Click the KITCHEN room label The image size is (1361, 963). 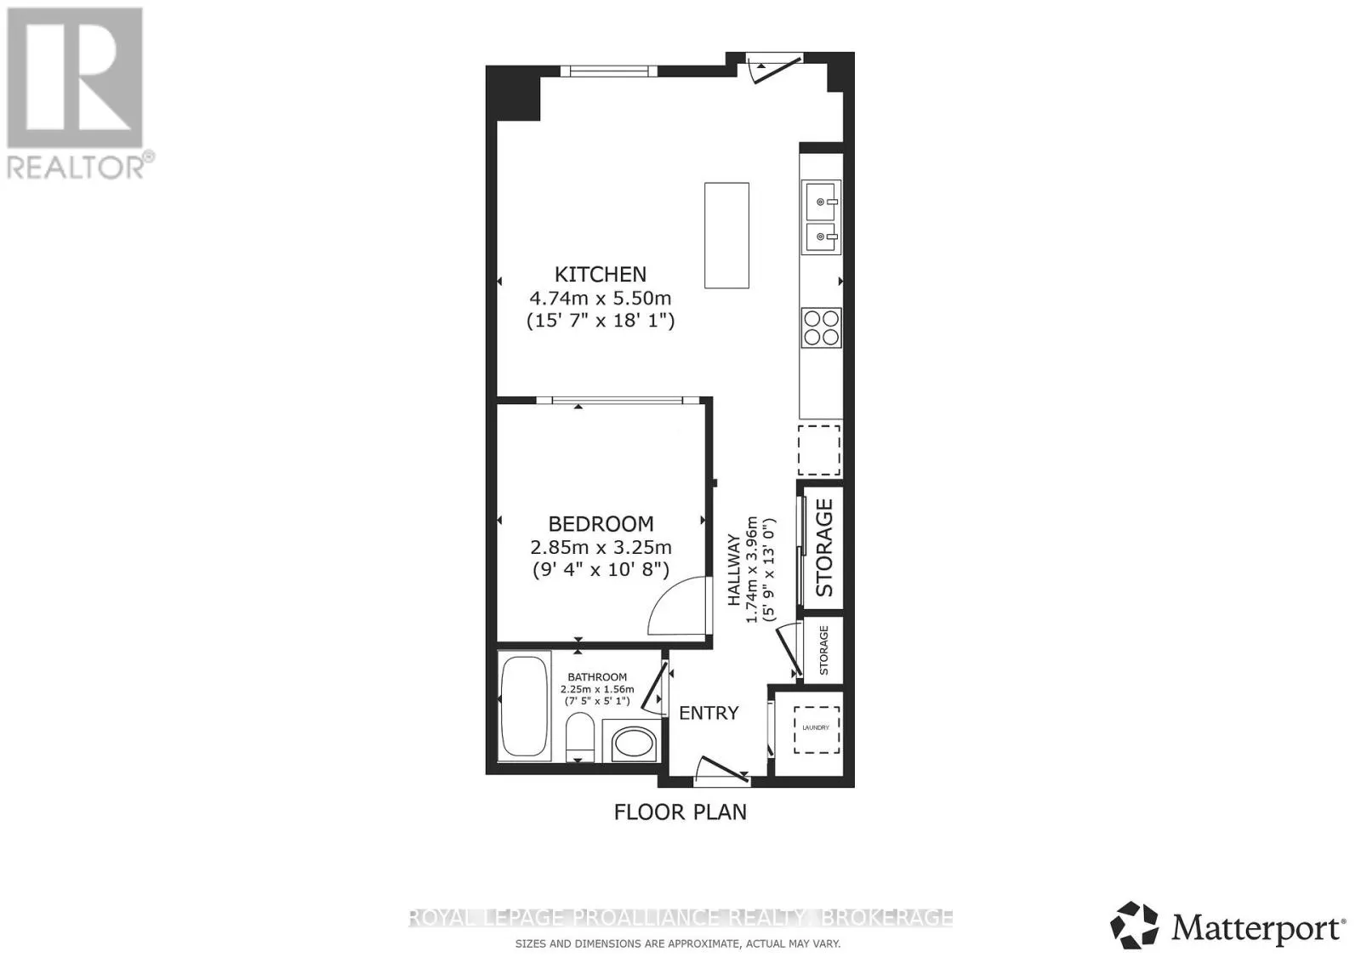(601, 275)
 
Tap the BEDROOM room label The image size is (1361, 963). (601, 524)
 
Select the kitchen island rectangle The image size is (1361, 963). (726, 235)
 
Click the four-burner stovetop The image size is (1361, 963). (822, 328)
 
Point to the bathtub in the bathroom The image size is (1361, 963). (524, 706)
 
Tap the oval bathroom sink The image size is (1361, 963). (634, 744)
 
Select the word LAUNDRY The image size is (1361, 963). (816, 728)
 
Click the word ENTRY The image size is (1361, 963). (709, 713)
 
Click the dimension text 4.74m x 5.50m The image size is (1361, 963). (601, 299)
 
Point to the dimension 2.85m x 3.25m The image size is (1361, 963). (601, 547)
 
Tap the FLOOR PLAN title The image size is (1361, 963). (680, 812)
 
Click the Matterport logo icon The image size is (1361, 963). (1134, 926)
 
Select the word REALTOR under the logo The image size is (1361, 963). (76, 167)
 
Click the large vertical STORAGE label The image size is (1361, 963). (824, 547)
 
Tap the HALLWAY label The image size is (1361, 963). (734, 570)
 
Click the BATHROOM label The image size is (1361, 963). (597, 677)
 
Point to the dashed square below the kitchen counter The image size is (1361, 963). (819, 450)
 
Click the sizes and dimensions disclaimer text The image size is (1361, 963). (678, 943)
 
